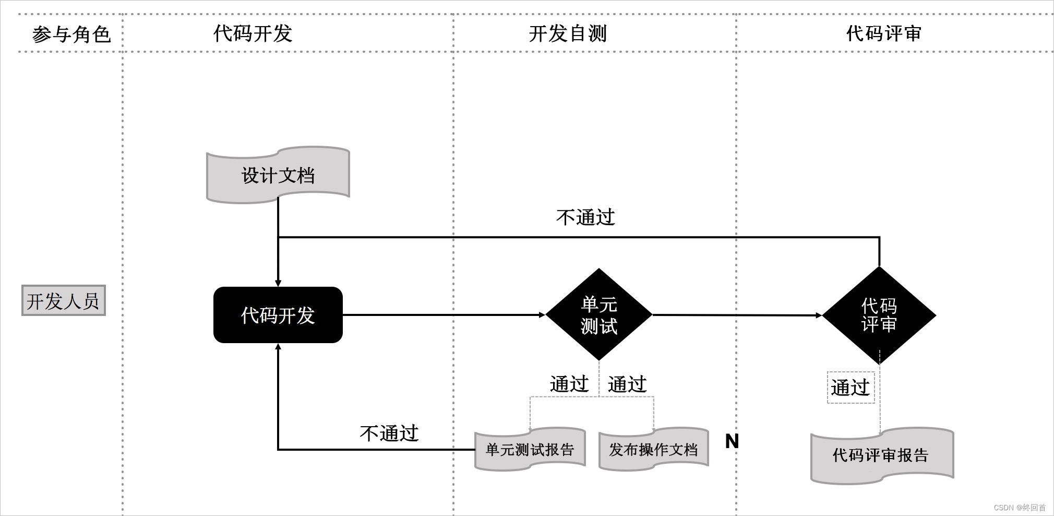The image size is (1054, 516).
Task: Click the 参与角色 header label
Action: point(71,34)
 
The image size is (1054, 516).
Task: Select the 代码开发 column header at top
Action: point(253,33)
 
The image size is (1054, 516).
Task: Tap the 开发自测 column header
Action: point(568,33)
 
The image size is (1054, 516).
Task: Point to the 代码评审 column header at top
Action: point(883,33)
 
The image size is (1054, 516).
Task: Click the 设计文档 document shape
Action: point(278,175)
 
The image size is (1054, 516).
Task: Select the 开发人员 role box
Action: point(63,301)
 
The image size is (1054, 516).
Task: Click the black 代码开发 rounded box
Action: point(278,315)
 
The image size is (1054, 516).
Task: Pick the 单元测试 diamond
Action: point(599,315)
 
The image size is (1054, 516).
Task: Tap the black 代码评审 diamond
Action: point(879,315)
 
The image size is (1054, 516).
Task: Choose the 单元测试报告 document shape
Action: point(530,450)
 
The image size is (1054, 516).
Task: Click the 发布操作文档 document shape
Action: point(653,450)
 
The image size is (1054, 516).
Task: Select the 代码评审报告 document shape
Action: point(881,455)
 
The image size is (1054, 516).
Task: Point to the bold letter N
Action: point(732,442)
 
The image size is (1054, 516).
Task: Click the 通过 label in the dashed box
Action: point(851,388)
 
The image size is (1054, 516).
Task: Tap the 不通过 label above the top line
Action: point(585,217)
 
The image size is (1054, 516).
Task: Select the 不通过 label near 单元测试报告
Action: point(389,433)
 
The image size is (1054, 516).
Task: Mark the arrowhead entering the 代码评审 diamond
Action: point(818,315)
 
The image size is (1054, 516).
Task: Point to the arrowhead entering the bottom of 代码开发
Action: point(278,347)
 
